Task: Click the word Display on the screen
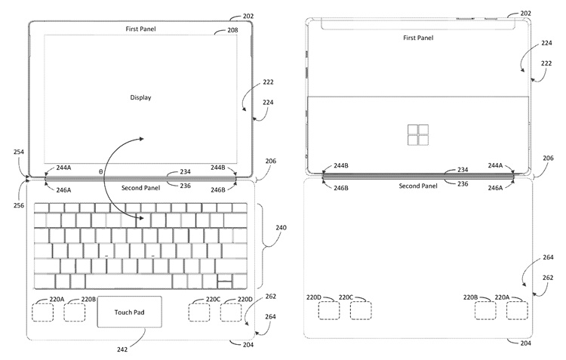140,97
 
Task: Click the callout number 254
20,152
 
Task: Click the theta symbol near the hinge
101,173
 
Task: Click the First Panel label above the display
141,28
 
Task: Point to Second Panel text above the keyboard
140,186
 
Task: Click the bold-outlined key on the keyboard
224,282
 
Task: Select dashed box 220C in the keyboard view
199,311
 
